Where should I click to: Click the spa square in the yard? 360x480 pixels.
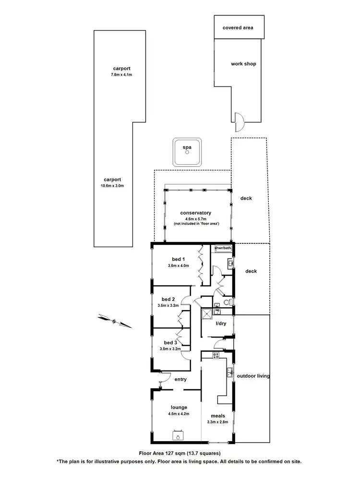(187, 153)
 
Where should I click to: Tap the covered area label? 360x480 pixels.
(238, 27)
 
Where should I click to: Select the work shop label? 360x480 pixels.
(243, 64)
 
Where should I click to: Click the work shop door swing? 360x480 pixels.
(239, 121)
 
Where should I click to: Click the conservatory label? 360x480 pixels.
(195, 213)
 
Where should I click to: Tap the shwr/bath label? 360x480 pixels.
(223, 248)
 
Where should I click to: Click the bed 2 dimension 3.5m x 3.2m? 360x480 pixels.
(168, 305)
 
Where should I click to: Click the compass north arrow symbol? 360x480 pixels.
(114, 321)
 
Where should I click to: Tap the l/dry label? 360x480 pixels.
(221, 324)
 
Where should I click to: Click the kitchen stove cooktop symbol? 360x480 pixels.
(216, 356)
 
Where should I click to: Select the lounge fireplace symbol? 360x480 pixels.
(178, 436)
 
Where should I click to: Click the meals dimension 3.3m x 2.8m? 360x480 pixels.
(217, 422)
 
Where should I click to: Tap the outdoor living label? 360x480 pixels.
(253, 376)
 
